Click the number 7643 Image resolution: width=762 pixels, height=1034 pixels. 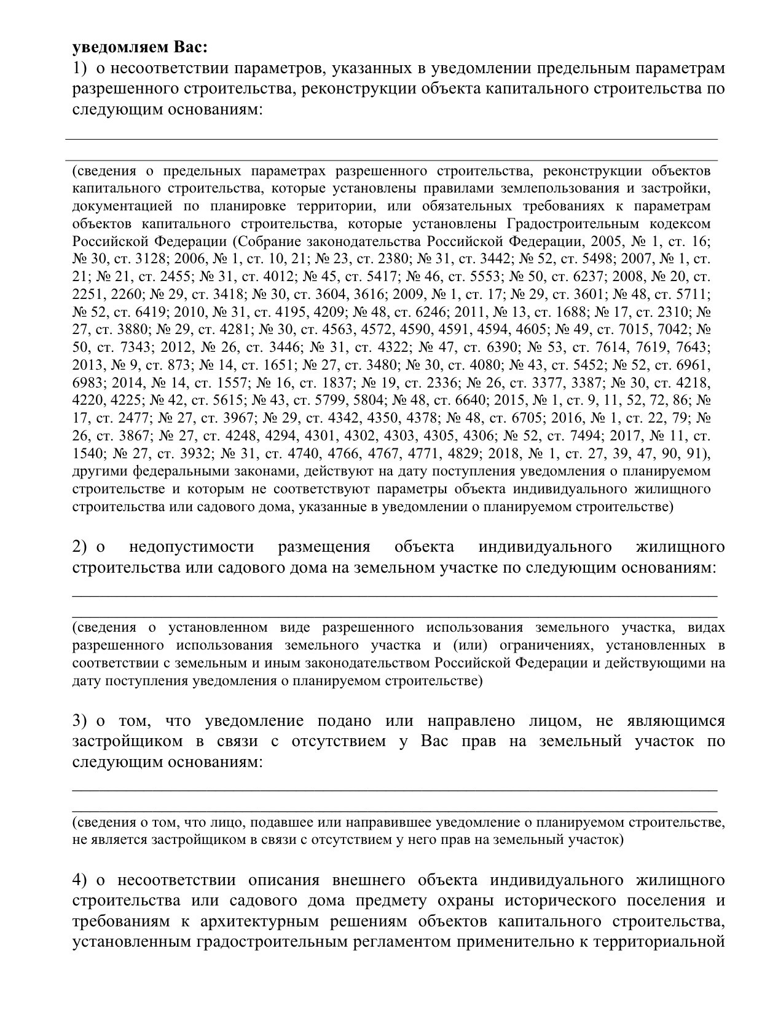(x=690, y=348)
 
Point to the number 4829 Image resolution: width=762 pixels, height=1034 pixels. (x=465, y=454)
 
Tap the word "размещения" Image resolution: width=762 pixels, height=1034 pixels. (x=324, y=546)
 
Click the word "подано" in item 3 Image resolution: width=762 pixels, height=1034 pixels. (x=345, y=721)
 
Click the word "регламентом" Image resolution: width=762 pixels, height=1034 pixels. (x=394, y=942)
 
